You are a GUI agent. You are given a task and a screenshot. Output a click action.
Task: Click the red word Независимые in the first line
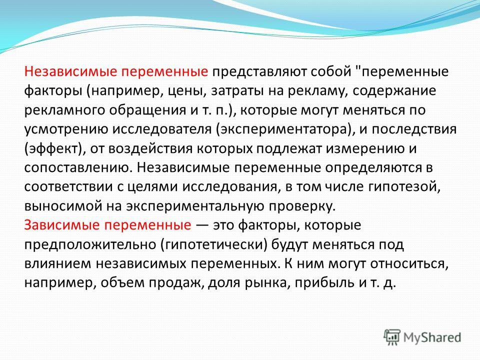click(70, 71)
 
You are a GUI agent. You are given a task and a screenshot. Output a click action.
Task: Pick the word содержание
click(394, 91)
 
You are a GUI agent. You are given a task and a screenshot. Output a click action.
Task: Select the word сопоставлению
click(78, 168)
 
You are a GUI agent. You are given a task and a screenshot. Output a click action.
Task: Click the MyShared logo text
click(432, 337)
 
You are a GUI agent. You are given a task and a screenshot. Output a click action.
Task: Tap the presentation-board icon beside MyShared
click(392, 337)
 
